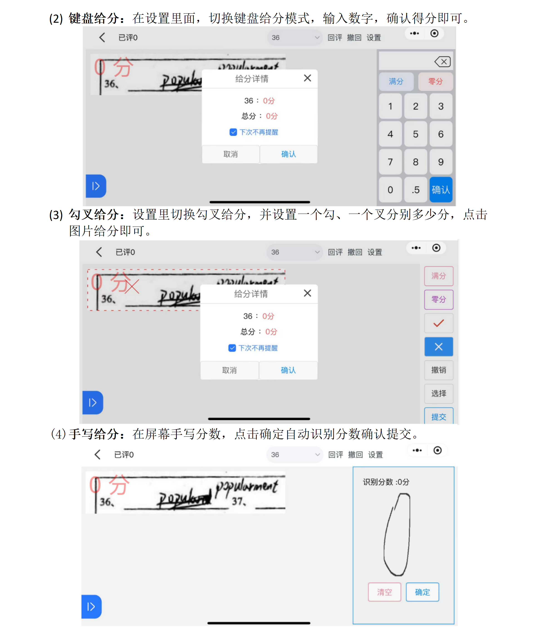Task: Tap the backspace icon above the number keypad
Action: pyautogui.click(x=442, y=62)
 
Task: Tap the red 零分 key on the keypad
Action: pyautogui.click(x=435, y=82)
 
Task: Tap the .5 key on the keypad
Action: pyautogui.click(x=415, y=190)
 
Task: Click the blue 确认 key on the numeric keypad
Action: pyautogui.click(x=441, y=190)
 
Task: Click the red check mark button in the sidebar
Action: pyautogui.click(x=438, y=323)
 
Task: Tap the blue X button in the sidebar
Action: pyautogui.click(x=438, y=347)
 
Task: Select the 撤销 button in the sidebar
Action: pyautogui.click(x=438, y=370)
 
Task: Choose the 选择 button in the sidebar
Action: pyautogui.click(x=438, y=394)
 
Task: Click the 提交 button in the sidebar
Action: pyautogui.click(x=438, y=417)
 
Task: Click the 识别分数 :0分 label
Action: pyautogui.click(x=386, y=482)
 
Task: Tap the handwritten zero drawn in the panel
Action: pyautogui.click(x=397, y=535)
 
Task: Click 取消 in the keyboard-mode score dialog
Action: pyautogui.click(x=231, y=154)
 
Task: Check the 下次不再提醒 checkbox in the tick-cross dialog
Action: pyautogui.click(x=232, y=348)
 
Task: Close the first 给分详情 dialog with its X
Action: pyautogui.click(x=307, y=78)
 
